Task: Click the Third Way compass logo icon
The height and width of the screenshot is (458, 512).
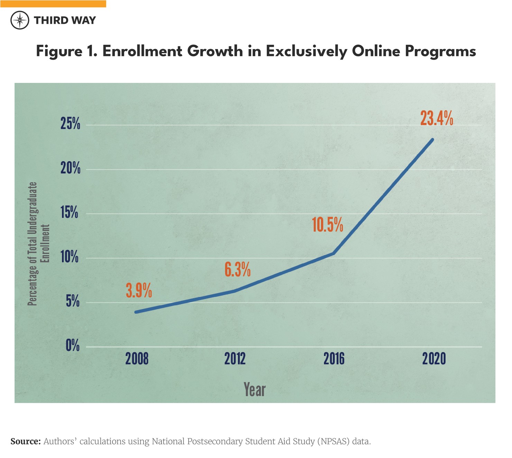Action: click(20, 20)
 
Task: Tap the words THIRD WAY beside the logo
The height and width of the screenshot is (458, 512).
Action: click(65, 20)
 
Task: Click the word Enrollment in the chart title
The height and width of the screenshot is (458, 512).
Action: click(142, 51)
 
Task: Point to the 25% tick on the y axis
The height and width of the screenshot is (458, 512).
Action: click(70, 123)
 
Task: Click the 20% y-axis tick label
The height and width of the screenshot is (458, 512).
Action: click(70, 168)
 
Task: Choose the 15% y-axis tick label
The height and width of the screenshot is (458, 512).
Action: click(69, 212)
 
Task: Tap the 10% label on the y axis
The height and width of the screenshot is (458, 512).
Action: click(70, 257)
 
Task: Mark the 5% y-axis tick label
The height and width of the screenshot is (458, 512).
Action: click(72, 301)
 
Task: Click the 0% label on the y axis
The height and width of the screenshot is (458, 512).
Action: click(73, 345)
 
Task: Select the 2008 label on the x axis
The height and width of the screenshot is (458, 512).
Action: click(137, 359)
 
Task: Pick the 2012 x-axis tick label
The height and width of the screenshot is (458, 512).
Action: click(235, 359)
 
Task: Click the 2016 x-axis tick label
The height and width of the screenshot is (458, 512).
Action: click(334, 359)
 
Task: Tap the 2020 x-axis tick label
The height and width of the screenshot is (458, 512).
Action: click(434, 359)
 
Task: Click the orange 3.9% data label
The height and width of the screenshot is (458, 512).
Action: click(139, 290)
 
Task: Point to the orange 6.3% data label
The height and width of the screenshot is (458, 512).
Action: click(237, 269)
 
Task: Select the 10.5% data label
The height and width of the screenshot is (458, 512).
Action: click(327, 225)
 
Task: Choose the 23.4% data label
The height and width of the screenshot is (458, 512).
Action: click(437, 118)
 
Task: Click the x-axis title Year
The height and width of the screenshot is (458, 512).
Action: click(255, 390)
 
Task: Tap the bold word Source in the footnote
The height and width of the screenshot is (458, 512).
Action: click(26, 441)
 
